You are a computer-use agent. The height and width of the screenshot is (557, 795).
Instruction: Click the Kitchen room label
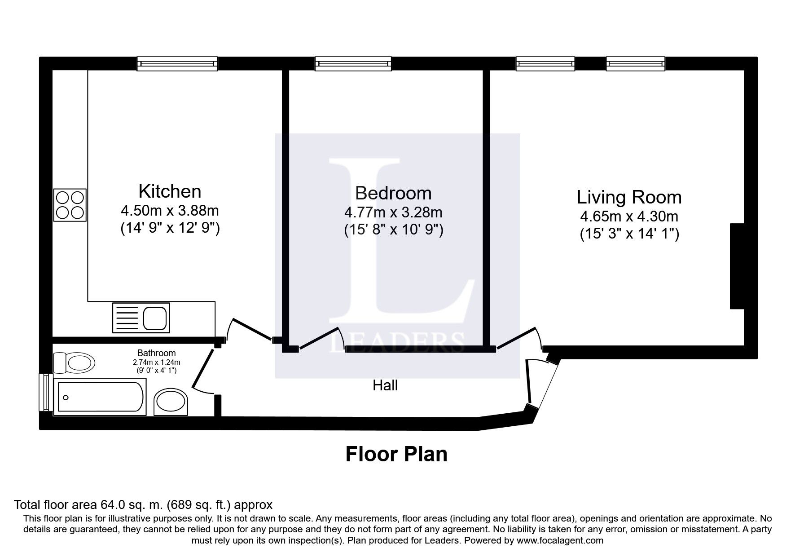point(170,191)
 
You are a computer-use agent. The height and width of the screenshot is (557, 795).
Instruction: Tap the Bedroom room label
point(393,193)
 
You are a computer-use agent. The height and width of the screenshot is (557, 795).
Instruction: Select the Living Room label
point(629,197)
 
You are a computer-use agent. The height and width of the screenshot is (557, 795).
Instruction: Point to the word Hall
point(385,385)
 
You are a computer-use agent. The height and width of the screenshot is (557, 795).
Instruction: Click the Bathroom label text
point(156,353)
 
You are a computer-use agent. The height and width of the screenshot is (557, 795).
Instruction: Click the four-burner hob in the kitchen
point(70,205)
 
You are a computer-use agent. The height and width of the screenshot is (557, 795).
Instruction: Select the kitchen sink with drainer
point(141,318)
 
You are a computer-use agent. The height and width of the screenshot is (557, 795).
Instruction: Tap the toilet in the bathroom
point(74,362)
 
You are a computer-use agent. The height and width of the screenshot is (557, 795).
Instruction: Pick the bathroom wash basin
point(171,401)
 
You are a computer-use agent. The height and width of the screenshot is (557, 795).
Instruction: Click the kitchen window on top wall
point(177,64)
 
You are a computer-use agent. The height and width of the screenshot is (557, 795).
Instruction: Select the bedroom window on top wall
point(353,64)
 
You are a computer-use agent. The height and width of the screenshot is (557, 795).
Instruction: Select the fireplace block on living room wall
point(737,266)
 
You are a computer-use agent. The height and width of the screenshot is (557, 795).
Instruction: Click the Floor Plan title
point(396,454)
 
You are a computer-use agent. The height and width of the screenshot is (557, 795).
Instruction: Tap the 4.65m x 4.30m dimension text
point(629,217)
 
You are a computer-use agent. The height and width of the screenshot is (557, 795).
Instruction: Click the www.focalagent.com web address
point(560,540)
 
